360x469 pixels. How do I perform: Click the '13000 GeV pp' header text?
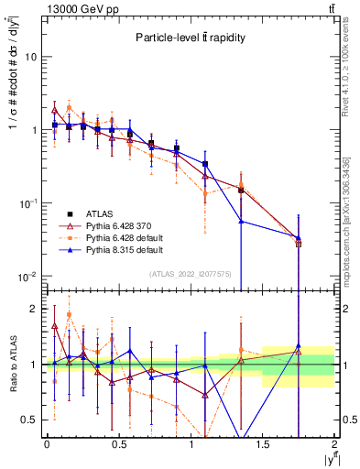point(75,8)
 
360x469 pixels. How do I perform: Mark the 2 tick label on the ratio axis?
point(36,310)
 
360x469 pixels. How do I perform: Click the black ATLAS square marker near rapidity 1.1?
point(205,164)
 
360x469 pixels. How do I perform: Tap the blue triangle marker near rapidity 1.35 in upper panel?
point(241,221)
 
